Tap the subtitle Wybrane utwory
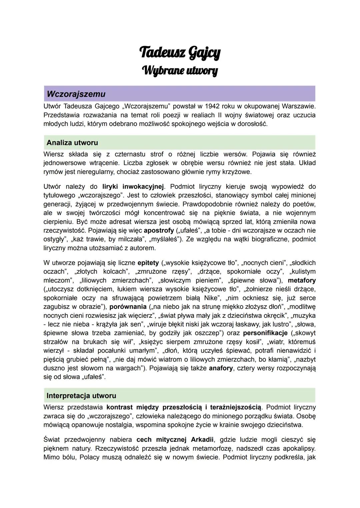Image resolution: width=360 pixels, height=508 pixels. (180, 70)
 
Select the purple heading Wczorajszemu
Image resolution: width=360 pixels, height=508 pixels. (76, 94)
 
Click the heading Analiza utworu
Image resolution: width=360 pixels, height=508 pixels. (72, 143)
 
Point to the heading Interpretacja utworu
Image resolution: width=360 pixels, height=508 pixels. (81, 396)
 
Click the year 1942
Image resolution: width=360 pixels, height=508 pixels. (213, 106)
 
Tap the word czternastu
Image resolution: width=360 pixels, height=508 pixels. (130, 154)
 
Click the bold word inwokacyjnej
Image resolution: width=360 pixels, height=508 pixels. (144, 187)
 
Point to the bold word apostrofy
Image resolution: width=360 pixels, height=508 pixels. (159, 231)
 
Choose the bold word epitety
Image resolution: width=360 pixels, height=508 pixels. (148, 263)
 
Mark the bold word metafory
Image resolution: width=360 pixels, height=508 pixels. (302, 280)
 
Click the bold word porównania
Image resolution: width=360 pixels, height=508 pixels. (128, 306)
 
